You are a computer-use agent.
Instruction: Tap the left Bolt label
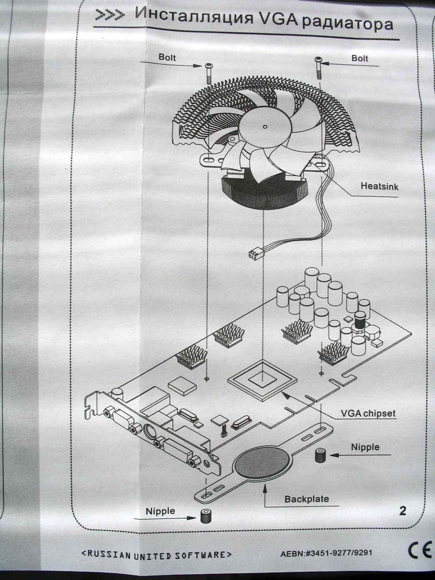(168, 57)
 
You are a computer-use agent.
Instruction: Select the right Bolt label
(360, 58)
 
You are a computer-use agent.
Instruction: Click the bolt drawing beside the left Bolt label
(208, 73)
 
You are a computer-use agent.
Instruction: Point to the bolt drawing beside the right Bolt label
(318, 68)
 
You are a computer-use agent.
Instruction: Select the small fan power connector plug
(255, 254)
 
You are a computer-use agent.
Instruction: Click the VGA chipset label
(369, 413)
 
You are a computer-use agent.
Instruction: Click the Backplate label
(306, 499)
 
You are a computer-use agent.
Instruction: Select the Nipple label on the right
(365, 447)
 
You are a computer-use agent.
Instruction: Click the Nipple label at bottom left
(160, 511)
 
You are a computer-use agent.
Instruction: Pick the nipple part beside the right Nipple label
(320, 455)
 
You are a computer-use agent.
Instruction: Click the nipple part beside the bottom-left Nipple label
(205, 516)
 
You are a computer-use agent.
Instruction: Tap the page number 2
(403, 511)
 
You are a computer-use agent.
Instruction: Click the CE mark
(420, 550)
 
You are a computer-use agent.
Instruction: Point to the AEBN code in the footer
(327, 552)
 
